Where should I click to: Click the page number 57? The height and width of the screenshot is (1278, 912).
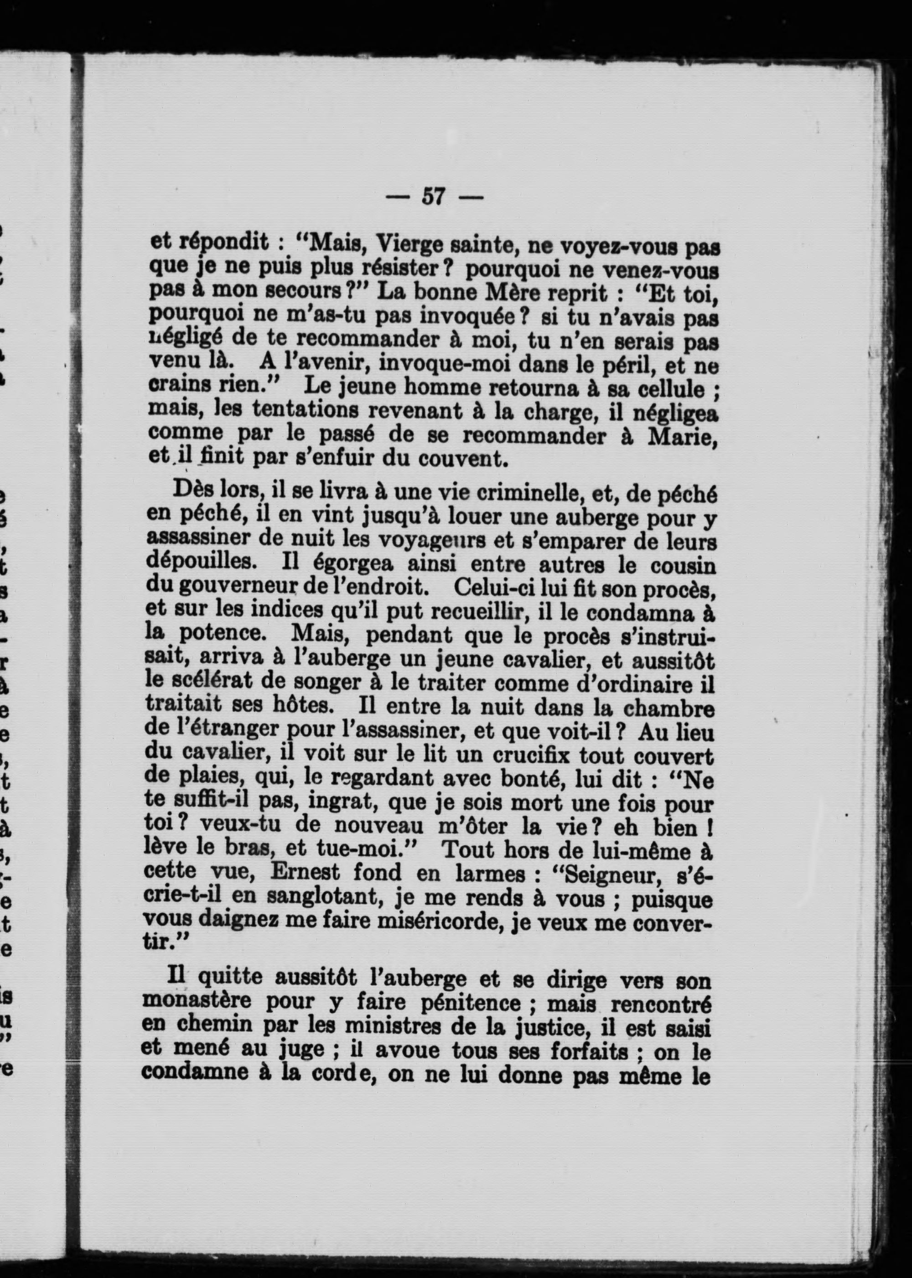click(x=433, y=197)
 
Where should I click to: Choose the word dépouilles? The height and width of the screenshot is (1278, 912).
click(x=194, y=562)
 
